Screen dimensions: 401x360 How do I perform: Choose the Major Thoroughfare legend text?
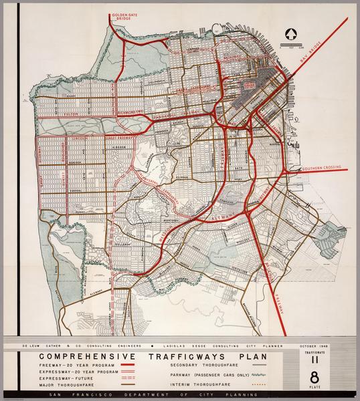[67, 386]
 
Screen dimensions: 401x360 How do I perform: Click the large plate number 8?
[307, 376]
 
